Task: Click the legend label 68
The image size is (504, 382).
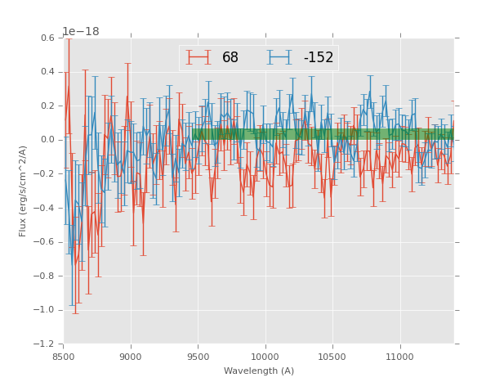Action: (230, 57)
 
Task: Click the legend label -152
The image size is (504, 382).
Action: (319, 57)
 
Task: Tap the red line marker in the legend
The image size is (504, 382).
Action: (198, 57)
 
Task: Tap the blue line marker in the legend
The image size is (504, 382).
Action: (280, 57)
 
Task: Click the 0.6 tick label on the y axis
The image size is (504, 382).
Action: (47, 38)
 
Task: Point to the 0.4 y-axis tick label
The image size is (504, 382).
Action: (47, 72)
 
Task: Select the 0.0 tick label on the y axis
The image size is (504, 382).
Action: (47, 140)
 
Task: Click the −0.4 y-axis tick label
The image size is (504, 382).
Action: (44, 208)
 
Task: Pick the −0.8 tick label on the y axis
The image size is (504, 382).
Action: (44, 276)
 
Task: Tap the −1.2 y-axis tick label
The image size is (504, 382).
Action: (44, 344)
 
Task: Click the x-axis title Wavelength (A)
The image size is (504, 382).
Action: (259, 371)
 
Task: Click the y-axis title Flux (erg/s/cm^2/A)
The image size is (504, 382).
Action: (24, 191)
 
